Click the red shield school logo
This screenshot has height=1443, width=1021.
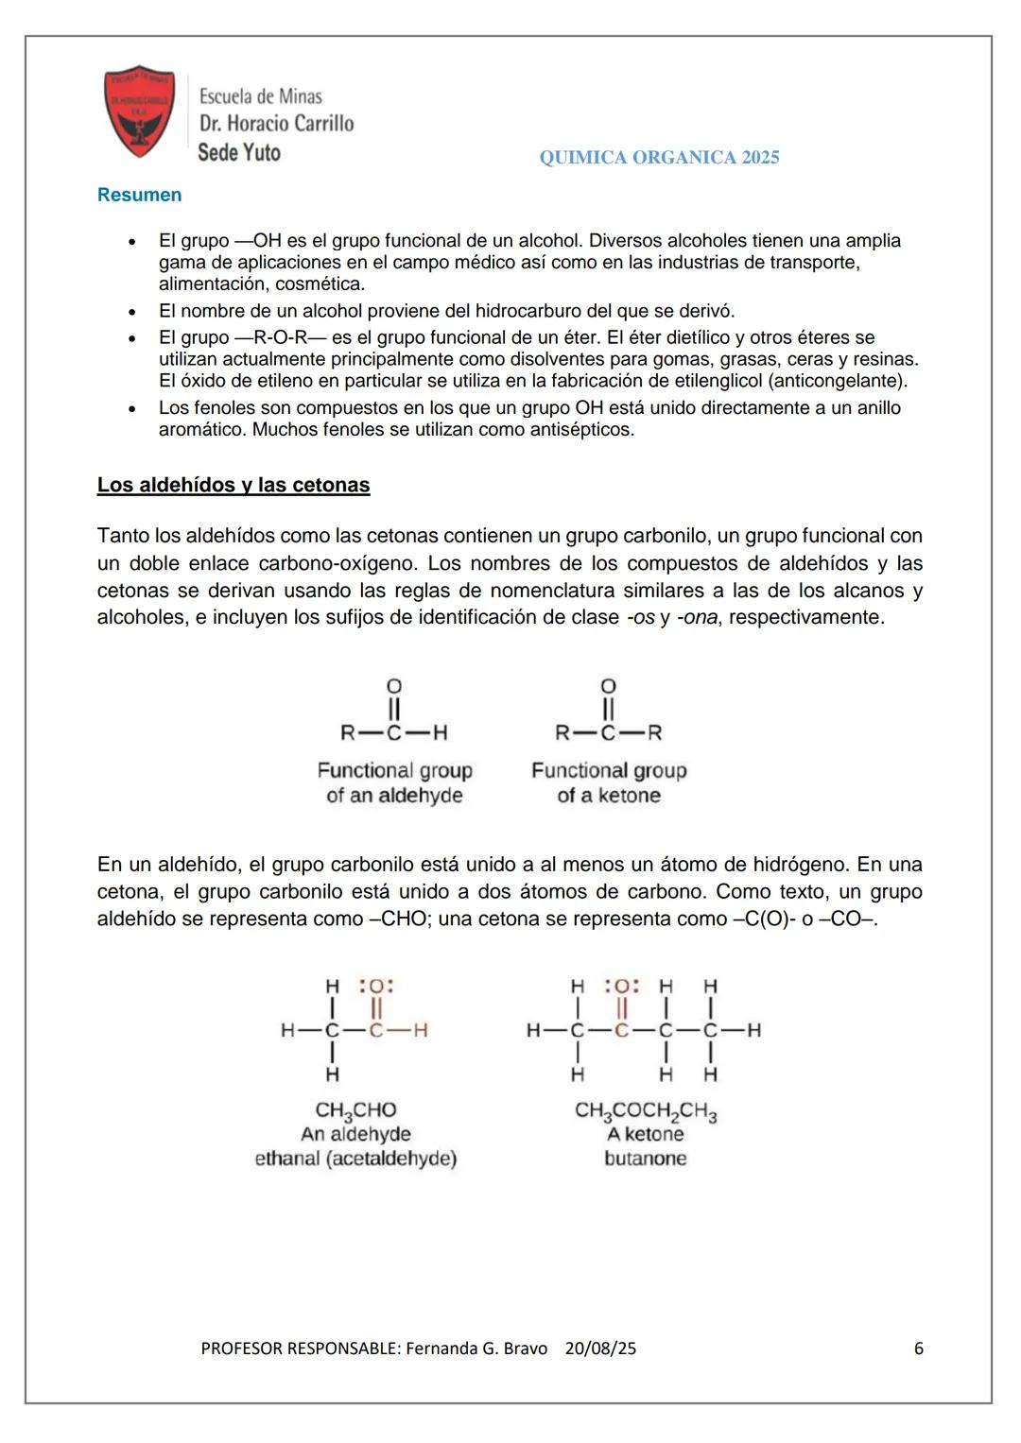[x=140, y=112]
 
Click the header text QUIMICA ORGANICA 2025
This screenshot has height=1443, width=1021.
[x=659, y=158]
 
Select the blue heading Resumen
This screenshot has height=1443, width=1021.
[x=139, y=195]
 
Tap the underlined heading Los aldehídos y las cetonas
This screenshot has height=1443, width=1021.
[x=234, y=485]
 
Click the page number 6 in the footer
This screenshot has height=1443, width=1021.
[x=918, y=1349]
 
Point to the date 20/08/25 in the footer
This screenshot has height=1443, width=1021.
[x=600, y=1349]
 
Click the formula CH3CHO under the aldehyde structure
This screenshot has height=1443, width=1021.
[x=355, y=1110]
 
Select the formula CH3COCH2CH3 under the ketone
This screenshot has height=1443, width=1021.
[x=646, y=1111]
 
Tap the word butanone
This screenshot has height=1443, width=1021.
[x=646, y=1159]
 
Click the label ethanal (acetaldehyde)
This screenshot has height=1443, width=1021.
[x=355, y=1159]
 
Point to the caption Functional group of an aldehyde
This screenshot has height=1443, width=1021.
[x=394, y=782]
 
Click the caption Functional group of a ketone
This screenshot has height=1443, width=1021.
[x=609, y=782]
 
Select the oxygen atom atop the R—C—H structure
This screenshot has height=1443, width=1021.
[x=394, y=685]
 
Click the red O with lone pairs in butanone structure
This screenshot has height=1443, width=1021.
[x=621, y=987]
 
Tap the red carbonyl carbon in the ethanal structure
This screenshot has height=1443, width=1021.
[x=376, y=1030]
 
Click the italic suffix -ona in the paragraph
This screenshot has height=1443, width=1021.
[x=697, y=618]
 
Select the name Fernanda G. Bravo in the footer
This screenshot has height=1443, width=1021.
[x=476, y=1349]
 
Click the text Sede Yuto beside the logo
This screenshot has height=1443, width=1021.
[x=239, y=152]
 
